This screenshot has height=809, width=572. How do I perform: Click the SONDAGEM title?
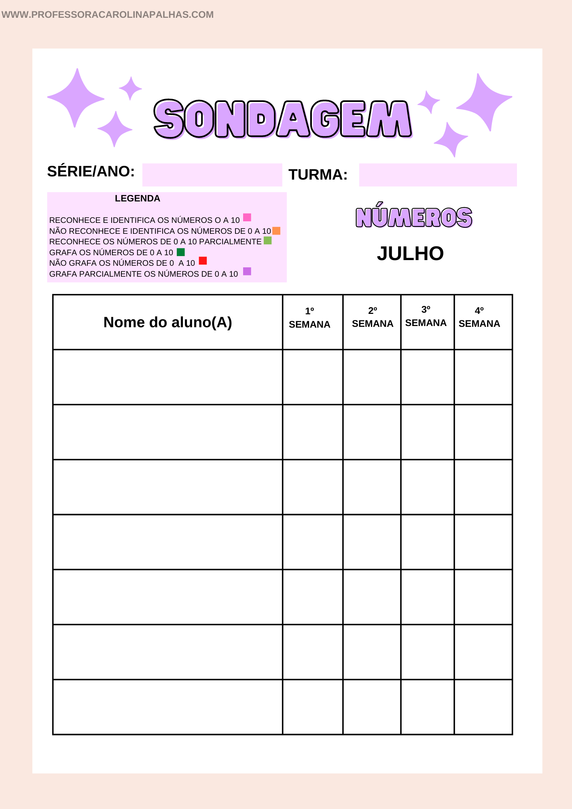pos(283,119)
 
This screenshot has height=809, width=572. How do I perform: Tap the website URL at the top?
pos(108,15)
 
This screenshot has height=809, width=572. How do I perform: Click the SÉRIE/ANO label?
pos(91,172)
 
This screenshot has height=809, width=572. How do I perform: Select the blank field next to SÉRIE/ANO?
pos(212,175)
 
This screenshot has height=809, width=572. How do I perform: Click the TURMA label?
pos(318,175)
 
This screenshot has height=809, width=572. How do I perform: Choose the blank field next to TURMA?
pos(438,175)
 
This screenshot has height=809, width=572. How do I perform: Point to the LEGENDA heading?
pos(138,199)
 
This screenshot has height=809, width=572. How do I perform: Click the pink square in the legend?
pos(247,218)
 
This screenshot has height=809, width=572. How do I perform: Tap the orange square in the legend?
pos(276,231)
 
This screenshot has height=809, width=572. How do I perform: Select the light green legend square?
pos(267,241)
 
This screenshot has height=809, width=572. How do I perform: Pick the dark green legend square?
pos(181,252)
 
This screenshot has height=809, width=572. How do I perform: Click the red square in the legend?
pos(203,260)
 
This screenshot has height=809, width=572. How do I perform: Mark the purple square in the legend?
pos(247,271)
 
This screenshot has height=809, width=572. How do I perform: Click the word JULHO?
pos(410,254)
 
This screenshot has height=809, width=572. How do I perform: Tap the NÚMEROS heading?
pos(414,217)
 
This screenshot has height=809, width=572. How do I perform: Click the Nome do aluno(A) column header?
pos(167,322)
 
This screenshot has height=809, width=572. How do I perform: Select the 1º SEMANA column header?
pos(309,318)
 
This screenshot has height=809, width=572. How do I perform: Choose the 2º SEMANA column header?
pos(373,318)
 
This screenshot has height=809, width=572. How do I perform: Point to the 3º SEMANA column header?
pos(426,317)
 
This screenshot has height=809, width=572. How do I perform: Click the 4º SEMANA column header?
pos(479,318)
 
